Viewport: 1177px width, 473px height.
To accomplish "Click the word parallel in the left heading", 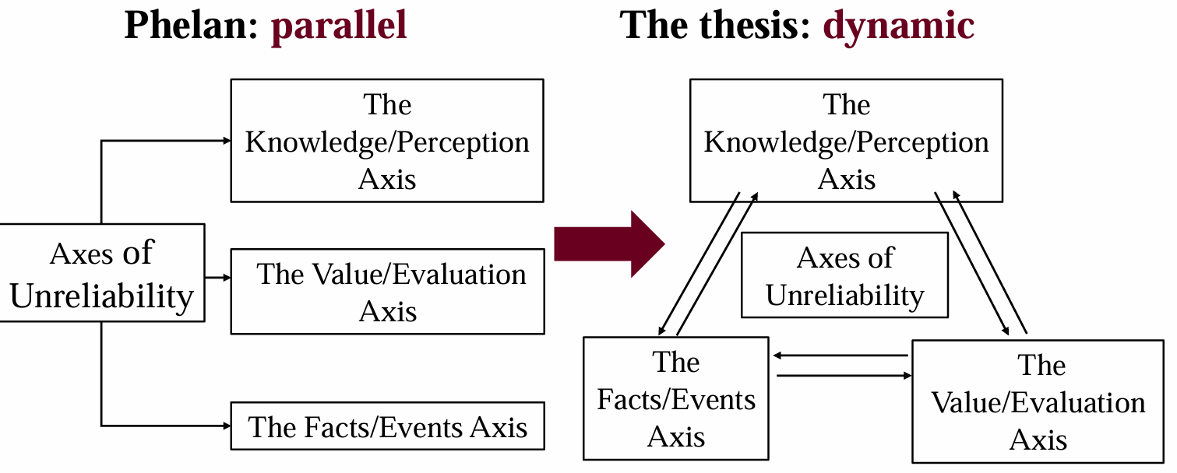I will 339,25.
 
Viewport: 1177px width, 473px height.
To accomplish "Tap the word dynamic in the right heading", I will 899,25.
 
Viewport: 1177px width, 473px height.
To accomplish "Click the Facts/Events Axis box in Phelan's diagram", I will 387,426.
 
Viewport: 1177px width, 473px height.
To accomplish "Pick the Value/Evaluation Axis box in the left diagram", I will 387,292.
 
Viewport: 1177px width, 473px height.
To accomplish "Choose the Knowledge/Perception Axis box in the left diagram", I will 387,141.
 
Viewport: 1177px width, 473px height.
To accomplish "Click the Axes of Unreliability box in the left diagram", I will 102,273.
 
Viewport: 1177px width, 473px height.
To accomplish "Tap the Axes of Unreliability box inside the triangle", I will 844,275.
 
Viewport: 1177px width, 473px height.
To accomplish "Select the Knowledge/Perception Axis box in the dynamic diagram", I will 846,141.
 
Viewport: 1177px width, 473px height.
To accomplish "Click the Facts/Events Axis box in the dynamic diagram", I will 676,398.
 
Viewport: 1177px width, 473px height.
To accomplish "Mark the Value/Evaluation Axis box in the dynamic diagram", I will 1038,401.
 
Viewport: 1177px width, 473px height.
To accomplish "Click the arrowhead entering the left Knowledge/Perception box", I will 227,141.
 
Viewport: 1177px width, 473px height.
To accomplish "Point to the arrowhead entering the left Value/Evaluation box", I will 227,277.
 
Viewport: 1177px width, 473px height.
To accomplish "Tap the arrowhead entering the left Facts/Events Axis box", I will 227,426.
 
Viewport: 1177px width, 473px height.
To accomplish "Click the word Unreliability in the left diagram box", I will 102,296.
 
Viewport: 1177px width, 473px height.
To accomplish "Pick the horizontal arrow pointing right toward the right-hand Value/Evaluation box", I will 844,376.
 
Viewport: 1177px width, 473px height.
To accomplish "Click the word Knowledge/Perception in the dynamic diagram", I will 846,142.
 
